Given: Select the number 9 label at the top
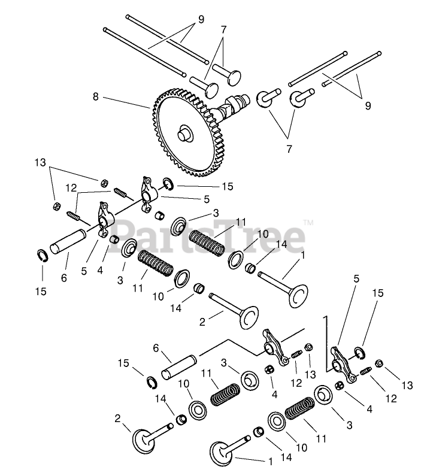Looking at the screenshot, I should point(201,19).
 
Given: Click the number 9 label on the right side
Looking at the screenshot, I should point(367,105).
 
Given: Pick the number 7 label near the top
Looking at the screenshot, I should point(223,30).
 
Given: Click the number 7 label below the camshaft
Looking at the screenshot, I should point(289,148).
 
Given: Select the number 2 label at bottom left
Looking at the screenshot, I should point(117,418).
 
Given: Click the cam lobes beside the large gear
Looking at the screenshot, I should point(231,110).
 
